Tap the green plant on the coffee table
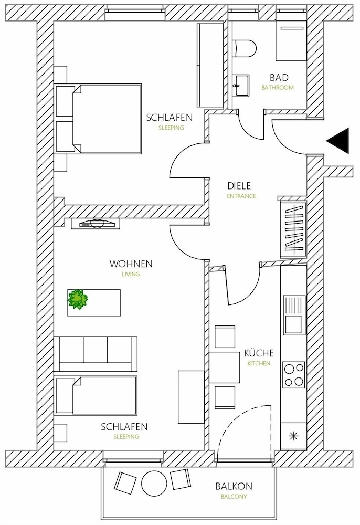[x=78, y=299]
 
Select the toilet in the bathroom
[x=244, y=48]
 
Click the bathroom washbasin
[x=241, y=86]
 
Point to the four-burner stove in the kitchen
[x=294, y=375]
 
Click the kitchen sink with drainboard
[x=294, y=314]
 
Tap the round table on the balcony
[x=154, y=484]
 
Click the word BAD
[x=279, y=78]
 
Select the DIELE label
[x=239, y=186]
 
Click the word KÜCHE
[x=259, y=353]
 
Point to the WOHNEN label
[x=131, y=264]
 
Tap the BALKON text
[x=234, y=486]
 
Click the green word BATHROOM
[x=278, y=88]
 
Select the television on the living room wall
[x=96, y=224]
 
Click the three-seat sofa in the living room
[x=96, y=353]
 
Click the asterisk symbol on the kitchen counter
[x=293, y=436]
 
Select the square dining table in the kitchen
[x=225, y=367]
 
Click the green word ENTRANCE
[x=241, y=196]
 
